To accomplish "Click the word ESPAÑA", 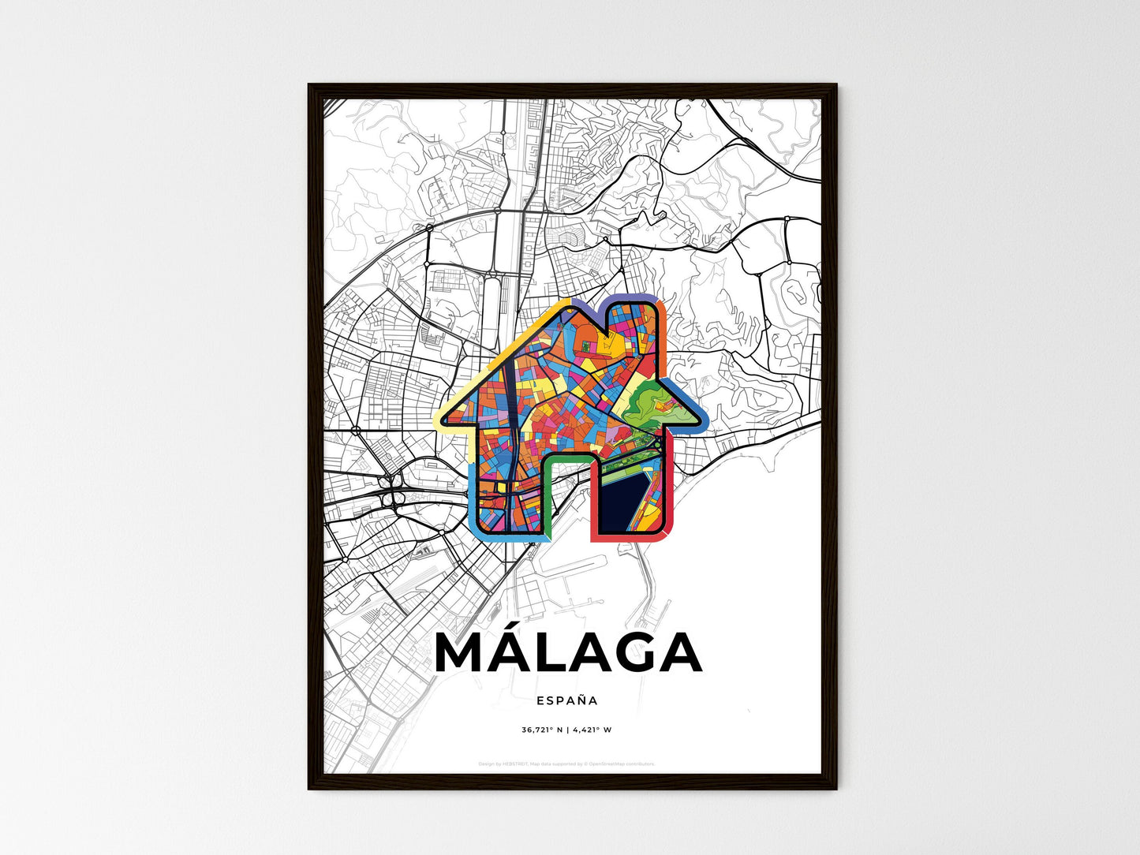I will pyautogui.click(x=566, y=700).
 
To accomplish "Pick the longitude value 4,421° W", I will pyautogui.click(x=592, y=730).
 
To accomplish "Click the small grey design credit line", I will pyautogui.click(x=566, y=764).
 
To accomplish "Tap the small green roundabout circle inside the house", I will pyautogui.click(x=658, y=446).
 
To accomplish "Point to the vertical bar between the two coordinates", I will pyautogui.click(x=566, y=730).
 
